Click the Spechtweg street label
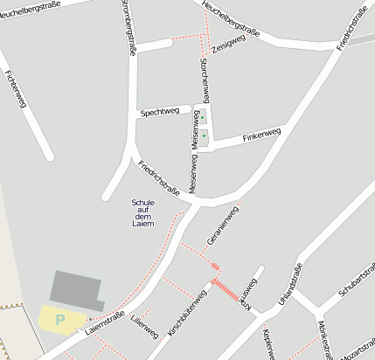[159, 112]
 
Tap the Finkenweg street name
[261, 135]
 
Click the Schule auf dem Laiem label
[142, 212]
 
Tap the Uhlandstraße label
[289, 283]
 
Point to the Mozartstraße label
[354, 353]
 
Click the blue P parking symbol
[59, 320]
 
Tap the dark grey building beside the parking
[77, 288]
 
